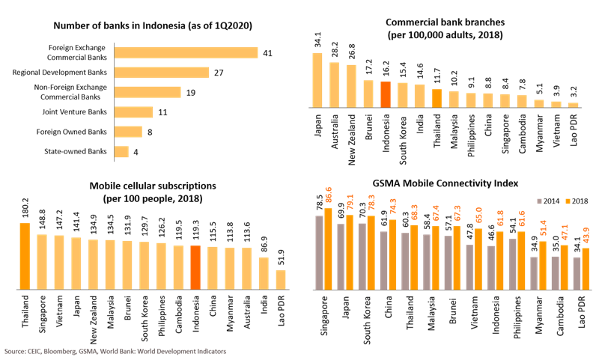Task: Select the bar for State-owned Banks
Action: (121, 152)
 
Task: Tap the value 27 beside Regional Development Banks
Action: (219, 73)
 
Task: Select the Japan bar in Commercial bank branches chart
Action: (317, 80)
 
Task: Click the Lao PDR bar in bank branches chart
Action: (574, 106)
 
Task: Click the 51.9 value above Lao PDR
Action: (282, 260)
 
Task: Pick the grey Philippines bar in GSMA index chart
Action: (513, 263)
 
